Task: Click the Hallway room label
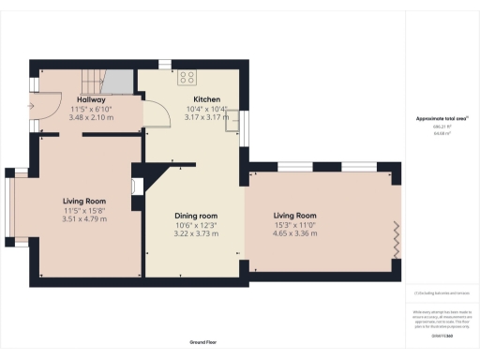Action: click(91, 99)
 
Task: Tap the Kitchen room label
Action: click(206, 98)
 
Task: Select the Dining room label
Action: click(196, 217)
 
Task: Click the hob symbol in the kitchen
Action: click(187, 78)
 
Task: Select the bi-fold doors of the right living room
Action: click(397, 240)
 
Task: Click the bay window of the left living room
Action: click(10, 207)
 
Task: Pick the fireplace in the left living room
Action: click(137, 184)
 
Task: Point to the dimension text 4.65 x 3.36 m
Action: click(294, 233)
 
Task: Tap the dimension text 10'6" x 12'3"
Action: click(196, 225)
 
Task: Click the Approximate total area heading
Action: click(442, 119)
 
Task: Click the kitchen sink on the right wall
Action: click(240, 127)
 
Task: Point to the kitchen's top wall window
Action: click(165, 65)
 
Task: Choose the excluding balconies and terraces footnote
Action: click(442, 293)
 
